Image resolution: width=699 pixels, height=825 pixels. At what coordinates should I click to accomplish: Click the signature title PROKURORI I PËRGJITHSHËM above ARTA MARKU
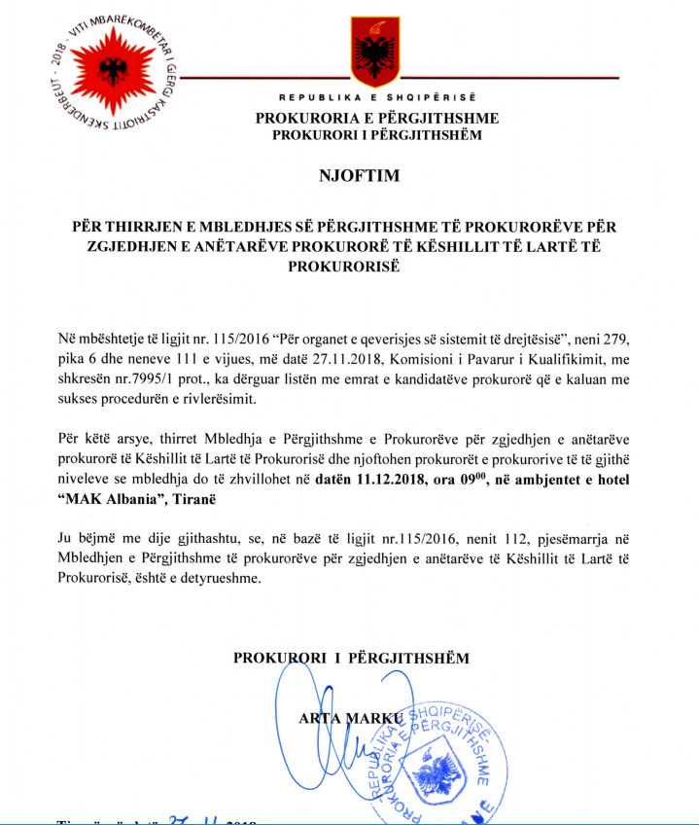[x=351, y=658]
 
